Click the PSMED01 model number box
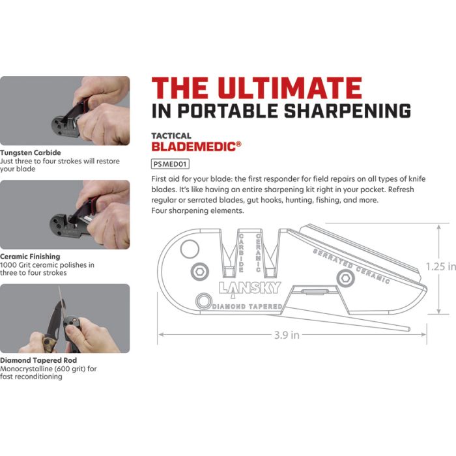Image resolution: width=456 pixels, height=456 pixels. click(x=170, y=165)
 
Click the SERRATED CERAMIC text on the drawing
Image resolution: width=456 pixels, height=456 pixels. click(x=351, y=266)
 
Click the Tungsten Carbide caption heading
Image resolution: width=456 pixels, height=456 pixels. click(x=31, y=153)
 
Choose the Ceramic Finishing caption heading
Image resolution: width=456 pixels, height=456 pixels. click(x=30, y=257)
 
